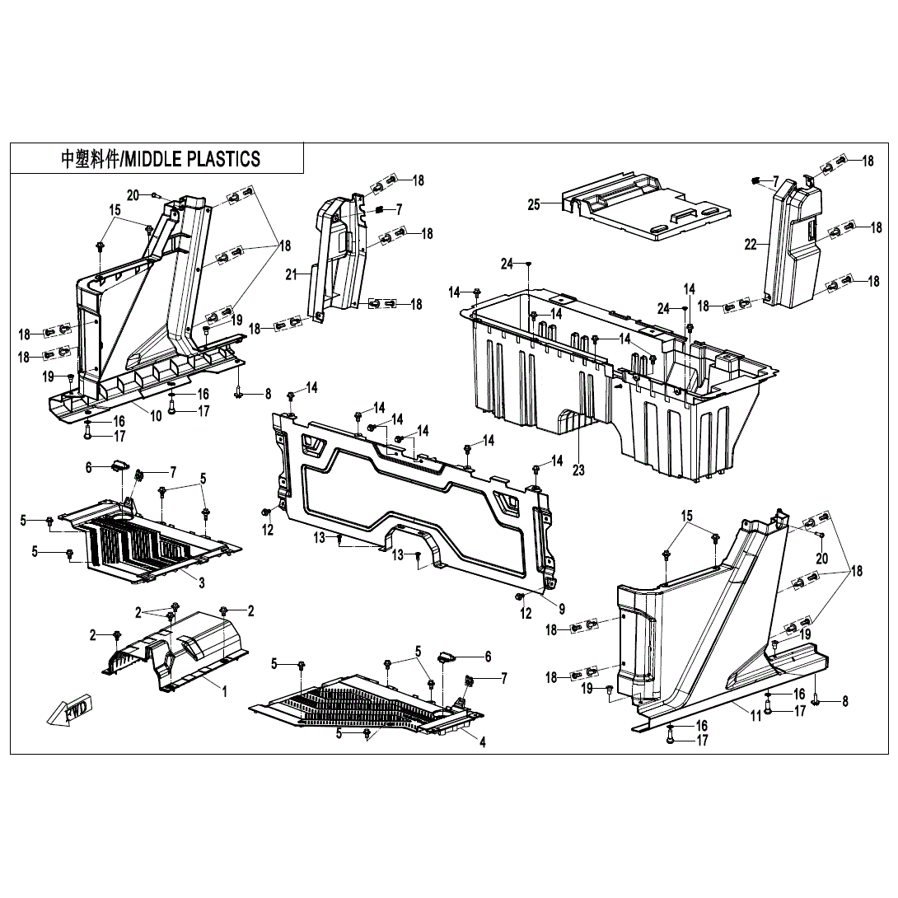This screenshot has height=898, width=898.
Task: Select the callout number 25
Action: (534, 204)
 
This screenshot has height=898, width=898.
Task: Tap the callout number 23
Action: (579, 470)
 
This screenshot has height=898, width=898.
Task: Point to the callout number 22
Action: (750, 244)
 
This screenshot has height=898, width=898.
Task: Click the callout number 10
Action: (156, 416)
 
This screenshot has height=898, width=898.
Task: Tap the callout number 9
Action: (561, 609)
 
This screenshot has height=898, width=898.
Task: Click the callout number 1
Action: (223, 691)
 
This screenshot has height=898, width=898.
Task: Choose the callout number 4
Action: (483, 741)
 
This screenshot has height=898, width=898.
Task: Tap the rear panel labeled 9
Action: (412, 503)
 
